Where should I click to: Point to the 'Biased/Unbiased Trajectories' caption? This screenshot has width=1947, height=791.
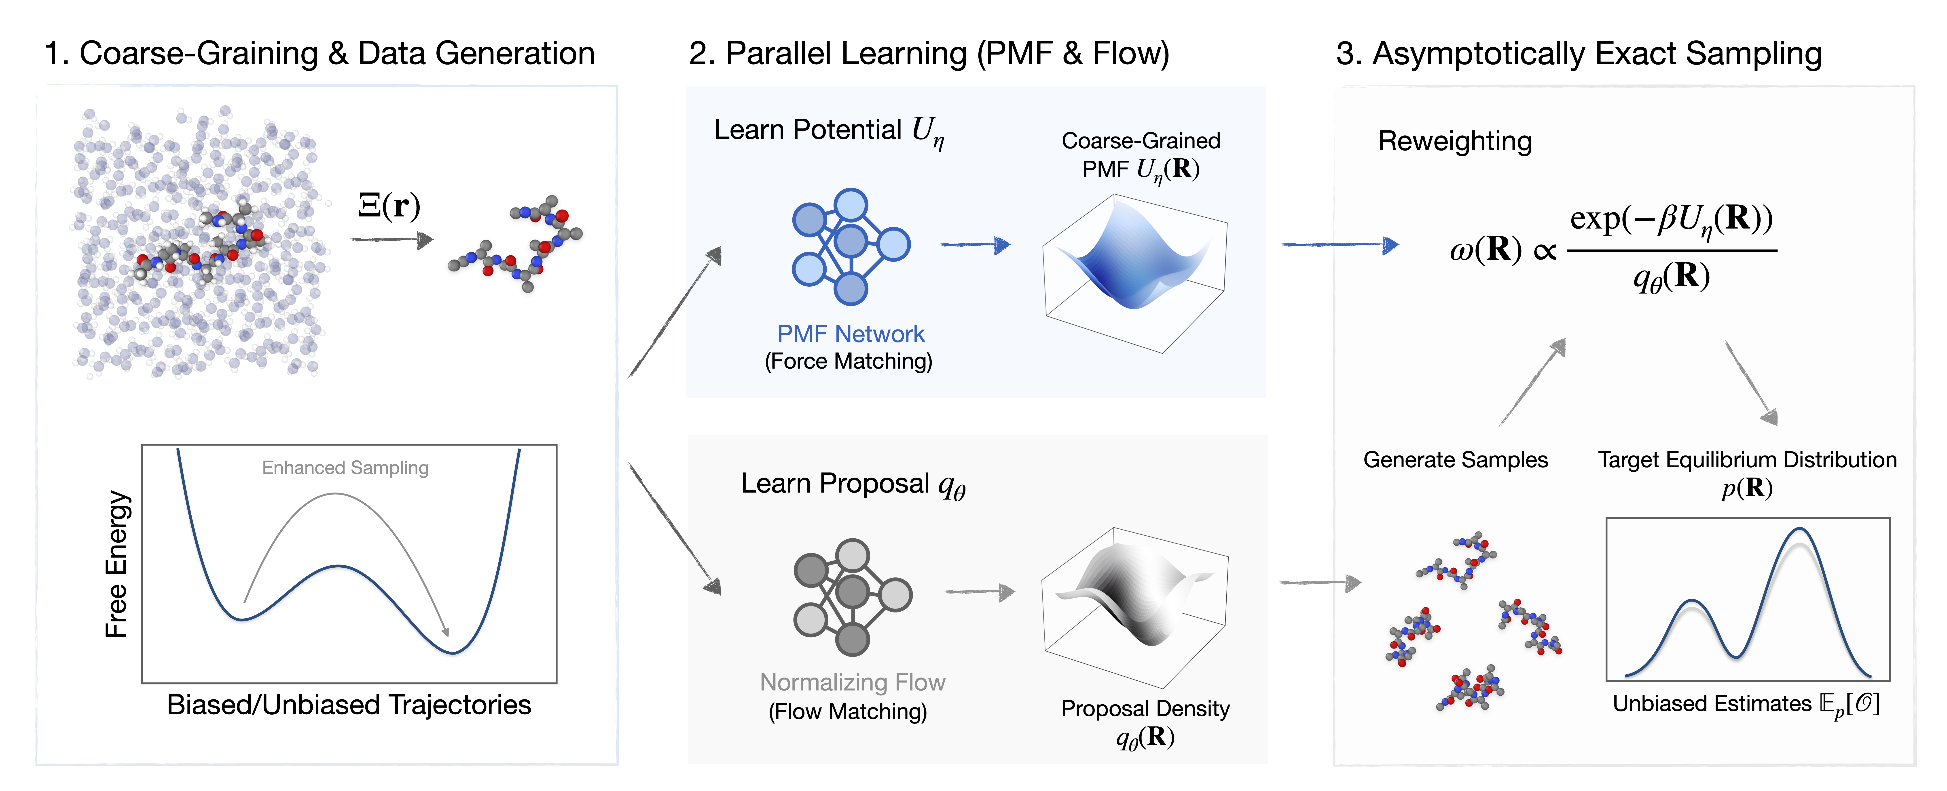pyautogui.click(x=349, y=705)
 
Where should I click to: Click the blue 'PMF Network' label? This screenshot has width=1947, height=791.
pyautogui.click(x=851, y=334)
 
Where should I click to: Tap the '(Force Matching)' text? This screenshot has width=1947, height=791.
pyautogui.click(x=849, y=361)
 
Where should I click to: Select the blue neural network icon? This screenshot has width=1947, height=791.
pyautogui.click(x=851, y=246)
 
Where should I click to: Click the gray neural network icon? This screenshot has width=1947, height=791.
pyautogui.click(x=853, y=597)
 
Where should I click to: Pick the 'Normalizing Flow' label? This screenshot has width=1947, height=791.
pyautogui.click(x=853, y=682)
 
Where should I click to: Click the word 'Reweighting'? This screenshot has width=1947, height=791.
pyautogui.click(x=1455, y=141)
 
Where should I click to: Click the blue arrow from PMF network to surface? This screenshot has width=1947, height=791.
pyautogui.click(x=975, y=245)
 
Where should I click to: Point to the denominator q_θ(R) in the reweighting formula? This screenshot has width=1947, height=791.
pyautogui.click(x=1671, y=277)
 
